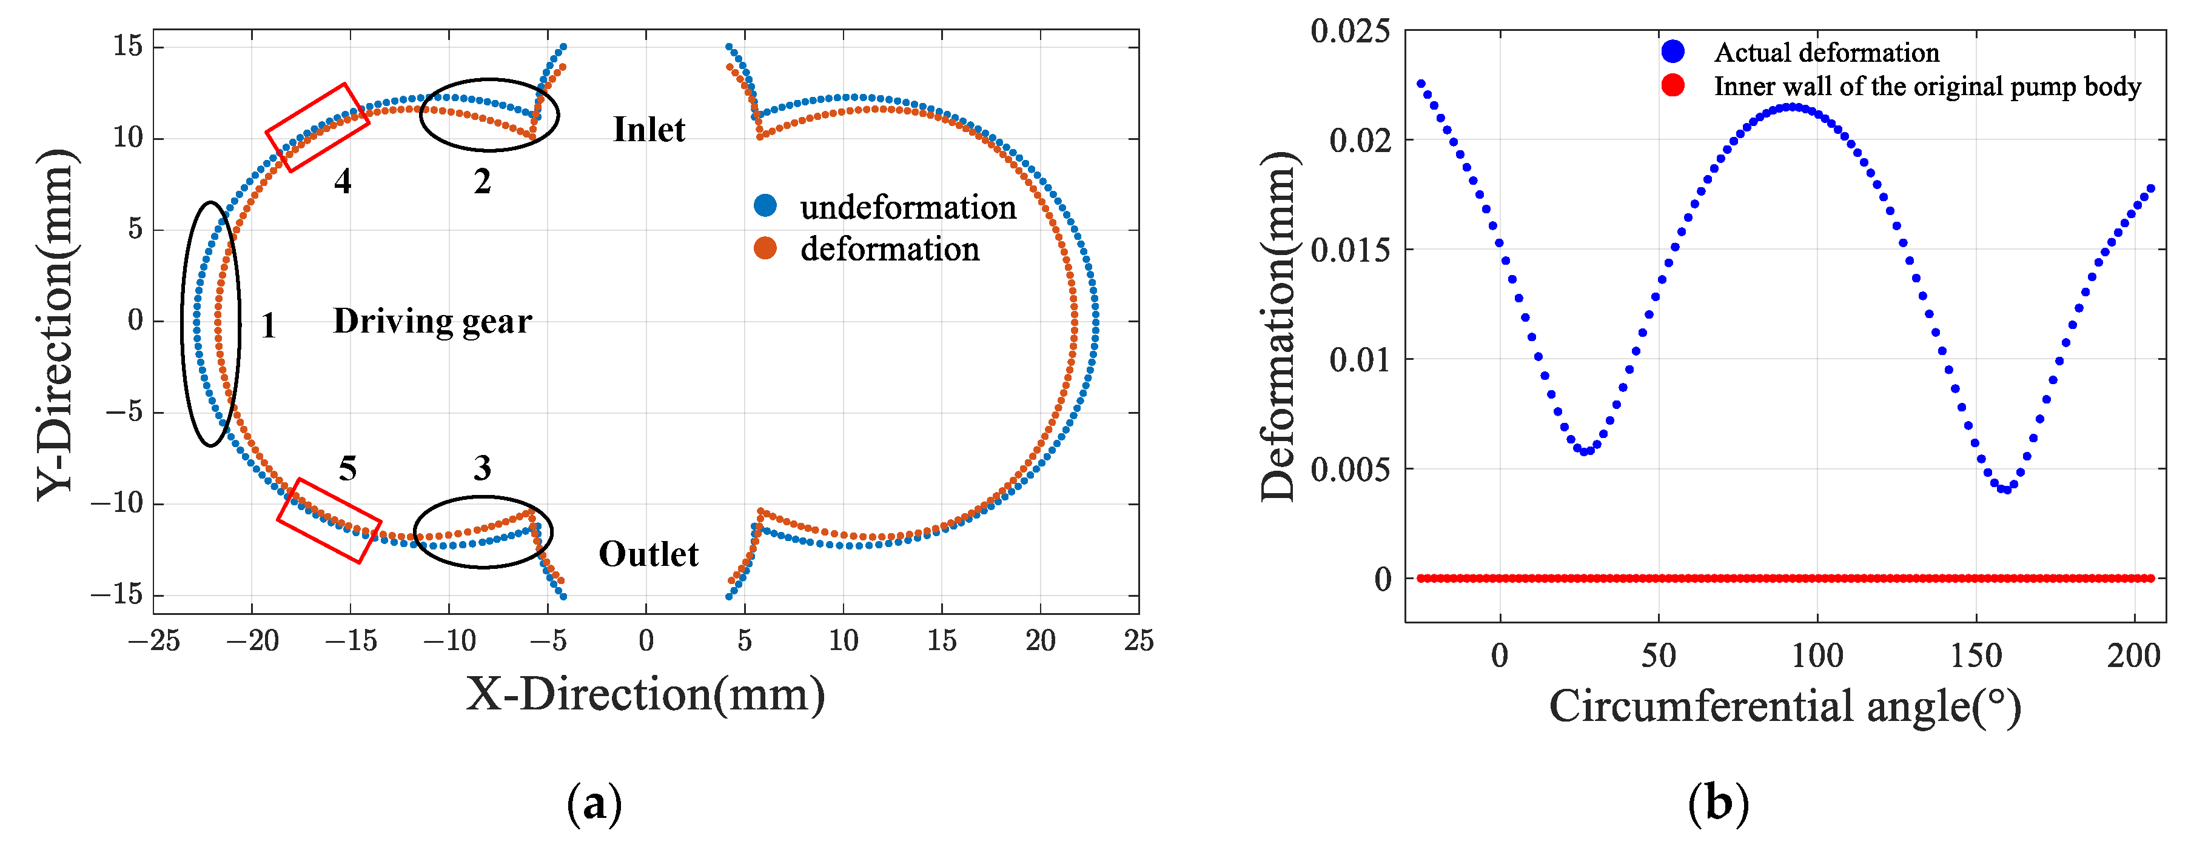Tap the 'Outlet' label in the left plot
coord(648,554)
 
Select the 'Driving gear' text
coord(432,321)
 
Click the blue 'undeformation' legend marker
coord(765,206)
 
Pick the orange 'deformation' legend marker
coord(765,248)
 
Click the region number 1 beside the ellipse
coord(268,325)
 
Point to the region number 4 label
coord(342,181)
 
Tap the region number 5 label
coord(347,468)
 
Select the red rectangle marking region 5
coord(329,520)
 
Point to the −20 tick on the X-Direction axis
coord(252,640)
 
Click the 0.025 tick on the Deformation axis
coord(1350,31)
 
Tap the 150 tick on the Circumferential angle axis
coord(1975,656)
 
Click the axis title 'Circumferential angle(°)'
coord(1785,706)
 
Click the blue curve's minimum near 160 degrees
coord(2005,490)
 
